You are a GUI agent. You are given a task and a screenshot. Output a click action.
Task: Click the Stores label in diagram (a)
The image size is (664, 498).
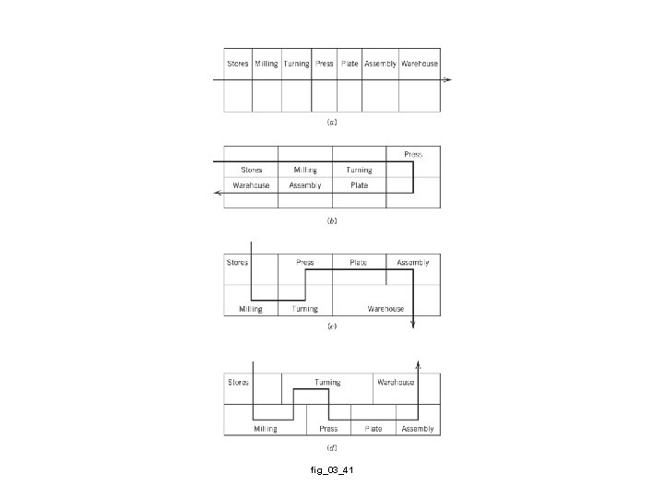pos(238,64)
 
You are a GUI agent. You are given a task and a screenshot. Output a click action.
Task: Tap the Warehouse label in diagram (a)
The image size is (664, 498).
pos(419,64)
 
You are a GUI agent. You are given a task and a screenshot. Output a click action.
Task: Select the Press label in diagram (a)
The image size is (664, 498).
pos(324,64)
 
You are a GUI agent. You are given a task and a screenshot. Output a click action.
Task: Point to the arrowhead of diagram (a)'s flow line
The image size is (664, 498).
pos(446,80)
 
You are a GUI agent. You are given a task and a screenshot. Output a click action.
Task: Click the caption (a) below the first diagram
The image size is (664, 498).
pos(332,121)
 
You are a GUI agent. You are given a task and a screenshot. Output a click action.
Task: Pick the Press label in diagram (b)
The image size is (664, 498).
pos(412,154)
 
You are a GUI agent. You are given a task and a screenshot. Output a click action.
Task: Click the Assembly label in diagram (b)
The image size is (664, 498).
pos(305,184)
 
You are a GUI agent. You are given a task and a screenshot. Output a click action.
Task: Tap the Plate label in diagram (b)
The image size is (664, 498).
pos(359,184)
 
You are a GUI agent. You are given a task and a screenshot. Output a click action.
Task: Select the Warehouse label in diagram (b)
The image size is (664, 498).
pos(251,184)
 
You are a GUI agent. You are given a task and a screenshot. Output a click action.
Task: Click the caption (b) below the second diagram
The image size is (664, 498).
pos(332,221)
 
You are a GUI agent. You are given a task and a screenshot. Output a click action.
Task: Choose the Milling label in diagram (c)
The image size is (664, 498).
pos(250,309)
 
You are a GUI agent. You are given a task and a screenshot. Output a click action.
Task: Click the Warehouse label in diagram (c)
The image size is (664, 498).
pos(385,309)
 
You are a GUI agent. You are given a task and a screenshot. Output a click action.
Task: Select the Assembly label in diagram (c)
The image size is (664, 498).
pos(412,262)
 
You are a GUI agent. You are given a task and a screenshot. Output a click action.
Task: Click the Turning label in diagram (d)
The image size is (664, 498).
pos(326,382)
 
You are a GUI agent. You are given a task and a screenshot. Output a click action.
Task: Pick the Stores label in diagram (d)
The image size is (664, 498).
pos(239,382)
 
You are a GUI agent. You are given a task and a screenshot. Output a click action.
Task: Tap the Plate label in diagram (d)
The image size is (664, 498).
pos(373,429)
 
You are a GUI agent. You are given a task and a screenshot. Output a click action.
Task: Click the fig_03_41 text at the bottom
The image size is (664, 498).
pos(332,471)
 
